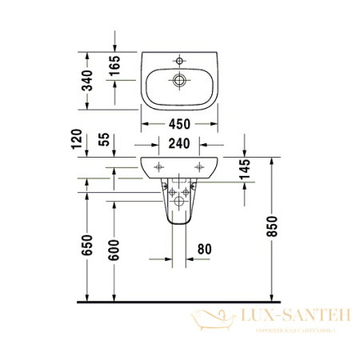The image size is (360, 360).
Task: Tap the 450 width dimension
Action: (181, 124)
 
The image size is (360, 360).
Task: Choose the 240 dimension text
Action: (181, 145)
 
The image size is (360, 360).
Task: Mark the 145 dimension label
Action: (245, 170)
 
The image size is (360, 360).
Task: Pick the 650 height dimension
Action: (88, 244)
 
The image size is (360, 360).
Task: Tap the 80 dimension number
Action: (203, 250)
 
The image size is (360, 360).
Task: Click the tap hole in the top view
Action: (181, 59)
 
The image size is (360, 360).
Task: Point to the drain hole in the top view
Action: (181, 79)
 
